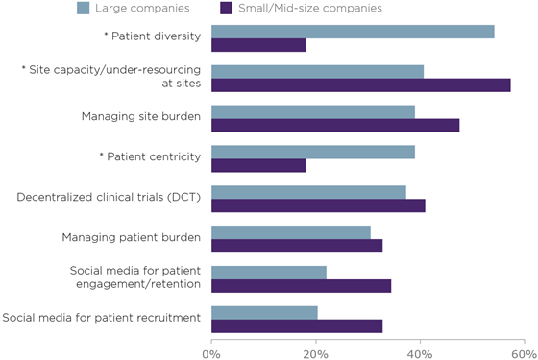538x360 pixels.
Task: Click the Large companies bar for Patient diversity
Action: click(352, 32)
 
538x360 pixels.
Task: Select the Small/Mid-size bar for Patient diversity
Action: click(257, 45)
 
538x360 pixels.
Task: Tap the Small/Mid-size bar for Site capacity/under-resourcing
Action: click(360, 85)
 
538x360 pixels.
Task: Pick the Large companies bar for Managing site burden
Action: click(312, 112)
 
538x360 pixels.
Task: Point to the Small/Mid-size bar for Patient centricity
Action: click(257, 165)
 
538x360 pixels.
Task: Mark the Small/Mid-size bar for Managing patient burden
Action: click(296, 246)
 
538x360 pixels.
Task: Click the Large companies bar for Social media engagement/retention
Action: click(268, 273)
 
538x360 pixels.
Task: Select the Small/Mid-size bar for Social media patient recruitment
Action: click(296, 326)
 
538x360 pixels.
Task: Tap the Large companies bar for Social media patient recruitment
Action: click(263, 313)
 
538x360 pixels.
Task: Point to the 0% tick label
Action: click(210, 351)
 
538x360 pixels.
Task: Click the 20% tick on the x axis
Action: click(315, 351)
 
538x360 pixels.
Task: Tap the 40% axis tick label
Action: click(420, 351)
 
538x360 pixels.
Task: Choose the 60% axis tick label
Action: click(524, 351)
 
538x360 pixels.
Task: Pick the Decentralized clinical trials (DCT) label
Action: click(109, 198)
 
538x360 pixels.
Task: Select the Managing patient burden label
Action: click(131, 237)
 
